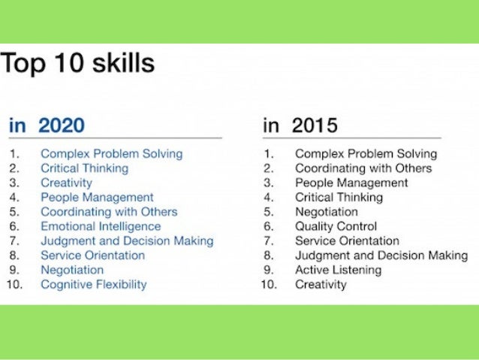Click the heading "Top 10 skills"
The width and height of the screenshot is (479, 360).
coord(78,62)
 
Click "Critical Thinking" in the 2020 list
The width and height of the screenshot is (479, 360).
coord(84,168)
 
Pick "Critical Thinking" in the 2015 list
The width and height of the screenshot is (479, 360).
coord(339,198)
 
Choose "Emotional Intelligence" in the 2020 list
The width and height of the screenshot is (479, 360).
coord(101,226)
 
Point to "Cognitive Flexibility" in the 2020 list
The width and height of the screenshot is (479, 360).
coord(94,285)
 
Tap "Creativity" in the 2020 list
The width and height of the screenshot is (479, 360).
coord(66,183)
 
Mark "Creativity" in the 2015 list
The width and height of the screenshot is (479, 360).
coord(321,285)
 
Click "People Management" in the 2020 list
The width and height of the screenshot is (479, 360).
coord(97,198)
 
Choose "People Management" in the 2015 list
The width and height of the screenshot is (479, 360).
coord(351,183)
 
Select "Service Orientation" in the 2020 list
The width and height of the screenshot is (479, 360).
coord(92,256)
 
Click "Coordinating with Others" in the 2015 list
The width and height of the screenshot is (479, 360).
coord(363,168)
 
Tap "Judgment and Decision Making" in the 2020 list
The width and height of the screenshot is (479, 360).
coord(127,241)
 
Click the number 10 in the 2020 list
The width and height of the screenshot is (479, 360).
coord(14,285)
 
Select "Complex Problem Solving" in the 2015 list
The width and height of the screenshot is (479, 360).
coord(366,153)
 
